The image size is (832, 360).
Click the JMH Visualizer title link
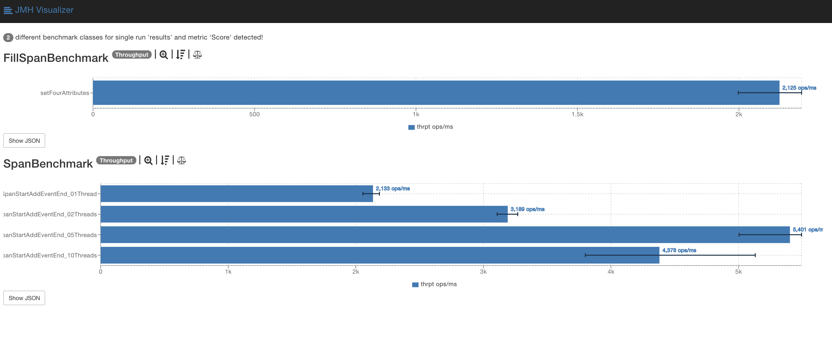pos(44,10)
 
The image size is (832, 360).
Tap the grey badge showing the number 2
pos(8,38)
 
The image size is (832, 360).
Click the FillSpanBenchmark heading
pos(56,58)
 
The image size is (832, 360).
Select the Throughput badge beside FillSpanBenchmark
pos(132,54)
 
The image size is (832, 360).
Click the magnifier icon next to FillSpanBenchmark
pos(164,54)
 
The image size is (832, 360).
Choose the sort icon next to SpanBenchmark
pos(165,160)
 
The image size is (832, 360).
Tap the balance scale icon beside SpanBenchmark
pos(182,160)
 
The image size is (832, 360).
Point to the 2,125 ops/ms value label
pos(799,88)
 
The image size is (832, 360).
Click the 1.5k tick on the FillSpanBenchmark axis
pos(577,114)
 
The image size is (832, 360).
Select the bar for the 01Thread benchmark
pos(236,194)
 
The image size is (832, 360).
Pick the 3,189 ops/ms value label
pos(527,209)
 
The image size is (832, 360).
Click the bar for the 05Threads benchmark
pos(445,234)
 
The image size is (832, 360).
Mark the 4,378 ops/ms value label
pos(679,250)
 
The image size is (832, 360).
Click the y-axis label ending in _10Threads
pos(50,255)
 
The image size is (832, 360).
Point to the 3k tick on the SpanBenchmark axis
pos(483,272)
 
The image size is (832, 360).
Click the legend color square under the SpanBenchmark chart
pos(415,284)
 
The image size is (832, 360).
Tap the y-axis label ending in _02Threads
pos(50,214)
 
